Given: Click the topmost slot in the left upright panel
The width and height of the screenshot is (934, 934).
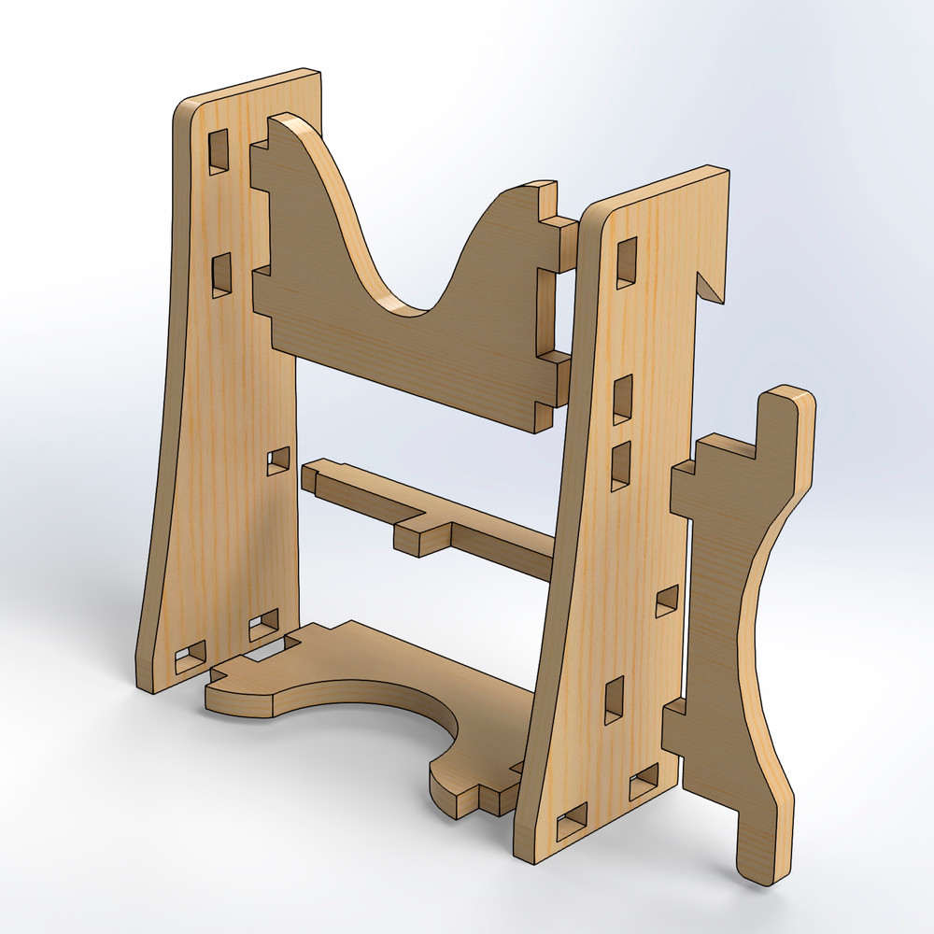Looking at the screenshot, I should pos(218,150).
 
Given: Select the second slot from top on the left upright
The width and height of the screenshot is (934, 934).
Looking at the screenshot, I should pos(220,275).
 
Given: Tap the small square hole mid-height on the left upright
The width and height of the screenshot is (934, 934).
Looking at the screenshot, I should pos(277,460).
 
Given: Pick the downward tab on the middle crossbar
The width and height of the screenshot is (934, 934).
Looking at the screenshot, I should pos(422,539).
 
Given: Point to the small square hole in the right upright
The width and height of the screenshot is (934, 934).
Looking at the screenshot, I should pos(667,601).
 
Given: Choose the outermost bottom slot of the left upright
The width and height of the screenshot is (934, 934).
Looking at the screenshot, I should pos(191,657).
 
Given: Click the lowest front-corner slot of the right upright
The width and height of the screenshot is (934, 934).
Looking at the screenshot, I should pos(571,823).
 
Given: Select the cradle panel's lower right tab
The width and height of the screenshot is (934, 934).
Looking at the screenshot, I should pos(556,383).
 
